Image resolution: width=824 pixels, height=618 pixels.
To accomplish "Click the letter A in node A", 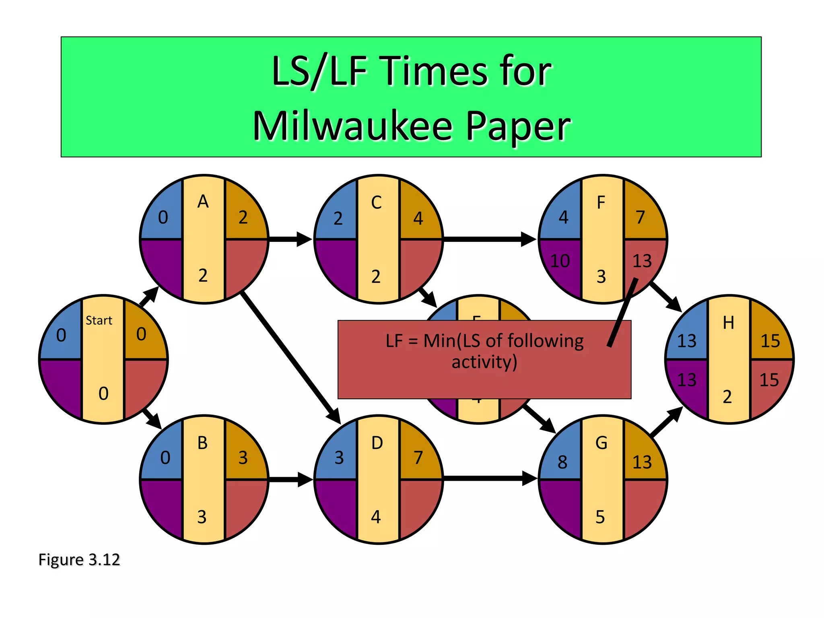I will (203, 202).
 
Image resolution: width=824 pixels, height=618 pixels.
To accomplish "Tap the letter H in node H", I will (728, 323).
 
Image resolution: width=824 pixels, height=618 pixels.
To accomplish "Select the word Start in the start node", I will (99, 321).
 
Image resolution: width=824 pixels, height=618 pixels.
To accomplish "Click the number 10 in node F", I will (560, 261).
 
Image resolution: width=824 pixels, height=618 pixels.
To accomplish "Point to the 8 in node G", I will (562, 462).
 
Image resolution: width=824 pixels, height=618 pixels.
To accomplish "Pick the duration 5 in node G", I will (600, 517).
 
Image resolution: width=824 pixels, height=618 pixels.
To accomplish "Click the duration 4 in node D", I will (375, 517).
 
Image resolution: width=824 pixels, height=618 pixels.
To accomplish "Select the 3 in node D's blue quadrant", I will (339, 458).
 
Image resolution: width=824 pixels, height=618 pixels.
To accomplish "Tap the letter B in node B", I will (202, 443).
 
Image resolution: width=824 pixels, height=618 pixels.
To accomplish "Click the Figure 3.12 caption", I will (79, 560).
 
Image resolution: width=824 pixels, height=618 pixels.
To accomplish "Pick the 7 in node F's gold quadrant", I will (640, 217).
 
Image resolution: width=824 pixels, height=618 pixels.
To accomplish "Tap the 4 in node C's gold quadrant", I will (418, 218).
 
